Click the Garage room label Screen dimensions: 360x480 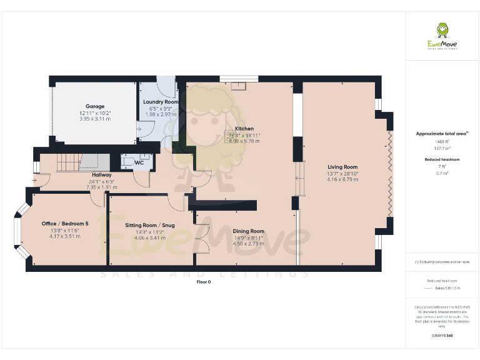coord(95,106)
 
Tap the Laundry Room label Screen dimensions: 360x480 coord(161,102)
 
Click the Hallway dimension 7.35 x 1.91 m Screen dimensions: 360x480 coord(102,187)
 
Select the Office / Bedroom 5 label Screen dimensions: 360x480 coord(61,224)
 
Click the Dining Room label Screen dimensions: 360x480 coord(248,231)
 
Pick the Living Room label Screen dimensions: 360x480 coord(342,167)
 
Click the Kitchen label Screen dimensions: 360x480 coord(244,129)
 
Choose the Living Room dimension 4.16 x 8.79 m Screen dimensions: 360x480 coord(342,180)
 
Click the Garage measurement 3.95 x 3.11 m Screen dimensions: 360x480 coord(95,119)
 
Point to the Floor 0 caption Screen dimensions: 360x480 coord(204,282)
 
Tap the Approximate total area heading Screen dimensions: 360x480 coord(442,134)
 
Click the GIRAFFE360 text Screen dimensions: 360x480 coord(442,336)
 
